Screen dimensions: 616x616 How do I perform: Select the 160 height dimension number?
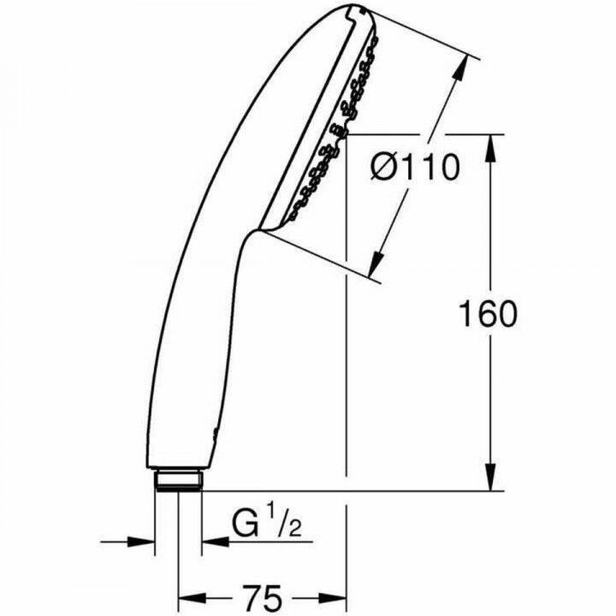point(489,315)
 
